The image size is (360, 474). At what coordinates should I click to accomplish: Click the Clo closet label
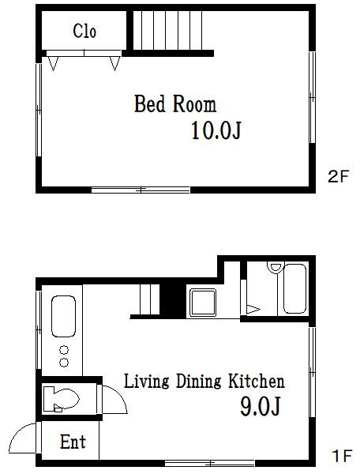point(84,31)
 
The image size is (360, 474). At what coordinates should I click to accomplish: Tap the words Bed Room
point(175,104)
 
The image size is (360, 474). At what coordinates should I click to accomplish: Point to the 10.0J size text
point(216,130)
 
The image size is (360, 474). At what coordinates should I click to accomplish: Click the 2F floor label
point(338,176)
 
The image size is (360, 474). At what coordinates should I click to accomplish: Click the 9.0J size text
point(261,406)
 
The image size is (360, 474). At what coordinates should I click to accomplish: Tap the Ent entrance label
point(73,442)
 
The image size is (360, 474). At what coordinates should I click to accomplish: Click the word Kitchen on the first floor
point(256,382)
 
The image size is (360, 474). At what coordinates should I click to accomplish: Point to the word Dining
point(198,382)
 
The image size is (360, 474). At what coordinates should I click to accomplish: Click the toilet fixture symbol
point(61,399)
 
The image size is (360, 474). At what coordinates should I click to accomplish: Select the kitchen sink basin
point(63,316)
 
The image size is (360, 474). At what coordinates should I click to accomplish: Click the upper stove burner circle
point(64,350)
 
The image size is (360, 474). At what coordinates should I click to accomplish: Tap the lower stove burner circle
point(64,362)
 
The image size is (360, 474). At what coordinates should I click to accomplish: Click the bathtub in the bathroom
point(294,288)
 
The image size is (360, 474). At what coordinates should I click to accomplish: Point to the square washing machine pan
point(203,303)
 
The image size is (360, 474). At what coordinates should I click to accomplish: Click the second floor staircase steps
point(167,30)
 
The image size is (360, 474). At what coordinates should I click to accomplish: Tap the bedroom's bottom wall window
point(141,190)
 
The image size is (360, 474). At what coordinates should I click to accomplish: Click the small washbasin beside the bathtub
point(275,268)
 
